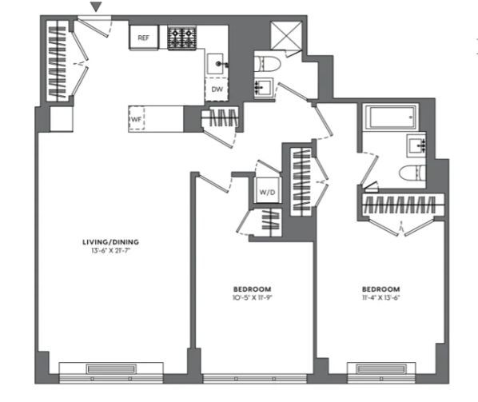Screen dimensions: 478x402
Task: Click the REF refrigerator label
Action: coord(144,38)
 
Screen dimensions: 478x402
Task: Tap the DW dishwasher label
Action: coord(217,90)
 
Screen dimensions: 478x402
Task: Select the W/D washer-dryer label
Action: coord(267,193)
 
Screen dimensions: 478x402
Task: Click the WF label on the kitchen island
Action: coord(136,119)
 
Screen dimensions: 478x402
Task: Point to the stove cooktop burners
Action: coord(181,38)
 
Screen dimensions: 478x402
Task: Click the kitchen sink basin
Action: coord(216,64)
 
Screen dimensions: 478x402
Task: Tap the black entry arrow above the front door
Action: coord(97,6)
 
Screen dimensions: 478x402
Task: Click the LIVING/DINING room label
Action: coord(110,242)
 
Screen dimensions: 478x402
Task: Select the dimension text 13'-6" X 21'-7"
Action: coord(111,251)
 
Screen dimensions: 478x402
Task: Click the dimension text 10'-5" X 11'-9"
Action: coord(252,297)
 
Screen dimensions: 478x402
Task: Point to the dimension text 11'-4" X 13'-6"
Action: coord(380,297)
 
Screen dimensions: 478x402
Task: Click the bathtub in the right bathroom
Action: coord(390,117)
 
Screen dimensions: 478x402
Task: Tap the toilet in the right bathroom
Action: coord(412,173)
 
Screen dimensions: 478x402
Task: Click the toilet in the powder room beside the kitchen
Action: coord(267,64)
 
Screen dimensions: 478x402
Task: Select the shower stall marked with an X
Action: coord(286,35)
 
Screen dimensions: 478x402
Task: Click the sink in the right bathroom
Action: coord(416,146)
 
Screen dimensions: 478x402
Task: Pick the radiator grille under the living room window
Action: coord(111,369)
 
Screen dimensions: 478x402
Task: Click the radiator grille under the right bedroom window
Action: coord(381,369)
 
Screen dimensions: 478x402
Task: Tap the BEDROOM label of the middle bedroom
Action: coord(252,289)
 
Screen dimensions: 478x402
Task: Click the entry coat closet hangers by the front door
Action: coord(57,61)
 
